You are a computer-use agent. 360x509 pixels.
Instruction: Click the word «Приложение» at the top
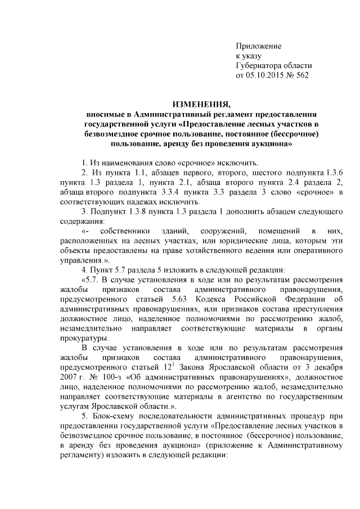pos(258,46)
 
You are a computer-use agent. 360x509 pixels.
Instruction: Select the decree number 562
pos(302,74)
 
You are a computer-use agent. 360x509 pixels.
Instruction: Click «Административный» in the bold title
pos(169,114)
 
